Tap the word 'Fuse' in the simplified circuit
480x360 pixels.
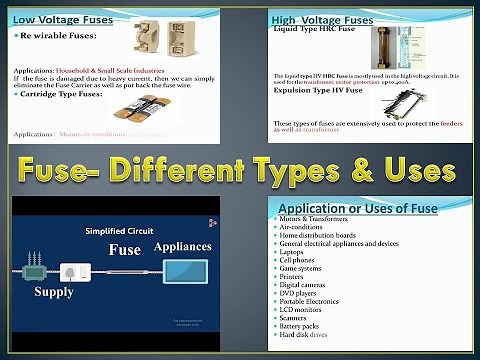pos(125,249)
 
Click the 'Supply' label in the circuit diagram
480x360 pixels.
pos(54,292)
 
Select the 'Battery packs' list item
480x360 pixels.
pos(301,326)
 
